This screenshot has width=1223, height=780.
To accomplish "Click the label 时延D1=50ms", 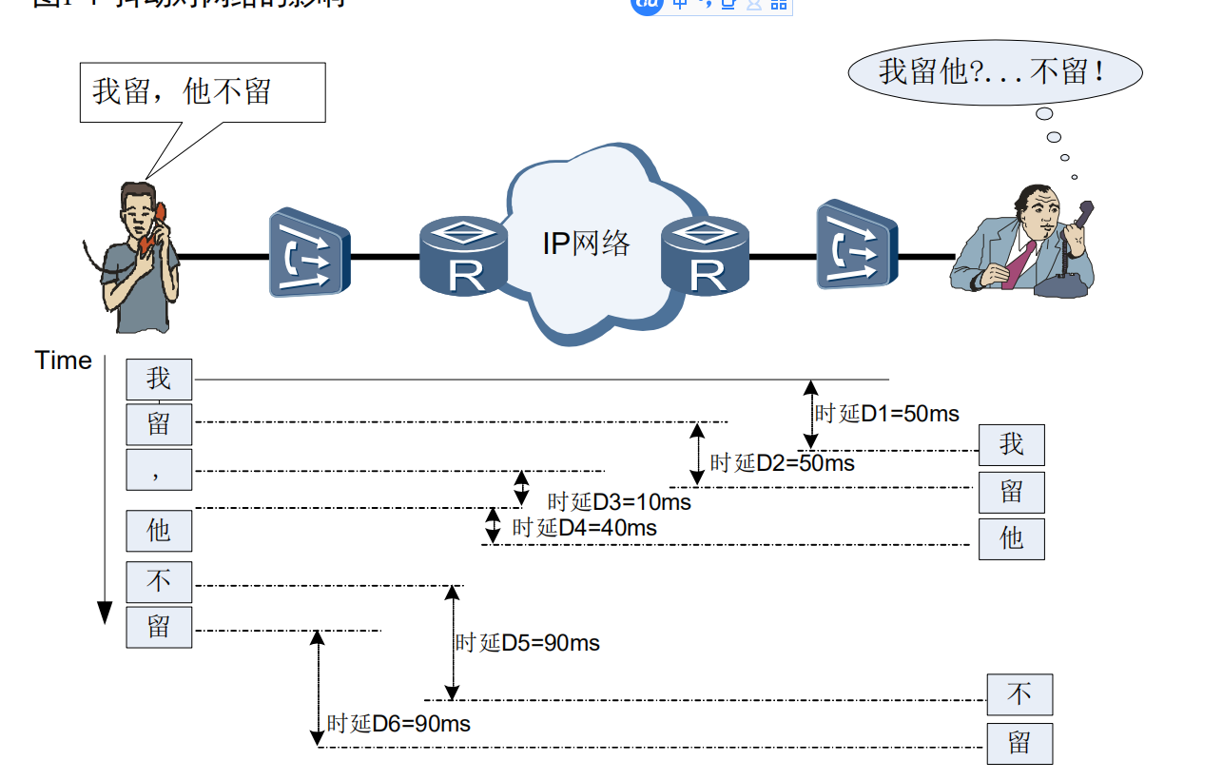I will pos(886,414).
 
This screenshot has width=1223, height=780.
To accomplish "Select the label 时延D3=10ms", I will pos(619,501).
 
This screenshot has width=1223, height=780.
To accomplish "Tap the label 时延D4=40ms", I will pos(584,527).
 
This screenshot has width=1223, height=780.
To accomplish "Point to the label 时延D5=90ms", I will pos(528,643).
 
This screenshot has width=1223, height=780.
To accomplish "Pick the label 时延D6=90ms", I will pos(398,724).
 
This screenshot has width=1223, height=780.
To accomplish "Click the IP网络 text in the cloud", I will pos(586,244).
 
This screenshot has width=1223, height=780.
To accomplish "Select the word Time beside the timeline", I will pos(63,361).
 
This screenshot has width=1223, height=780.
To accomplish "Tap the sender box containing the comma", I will pos(159,469).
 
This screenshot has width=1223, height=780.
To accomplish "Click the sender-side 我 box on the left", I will pos(159,379).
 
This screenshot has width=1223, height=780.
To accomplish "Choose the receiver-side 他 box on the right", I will pos(1011,538).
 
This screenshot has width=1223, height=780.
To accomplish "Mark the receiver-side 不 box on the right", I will pos(1019,694).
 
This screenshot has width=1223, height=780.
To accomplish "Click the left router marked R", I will pos(465,255).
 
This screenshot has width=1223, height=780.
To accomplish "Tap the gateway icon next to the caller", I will pos(309,252).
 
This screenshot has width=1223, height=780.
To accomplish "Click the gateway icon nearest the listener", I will pos(855,244).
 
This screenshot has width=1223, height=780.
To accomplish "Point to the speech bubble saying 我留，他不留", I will pos(202,92).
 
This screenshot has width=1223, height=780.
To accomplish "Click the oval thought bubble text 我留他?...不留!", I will pos(993,72).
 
